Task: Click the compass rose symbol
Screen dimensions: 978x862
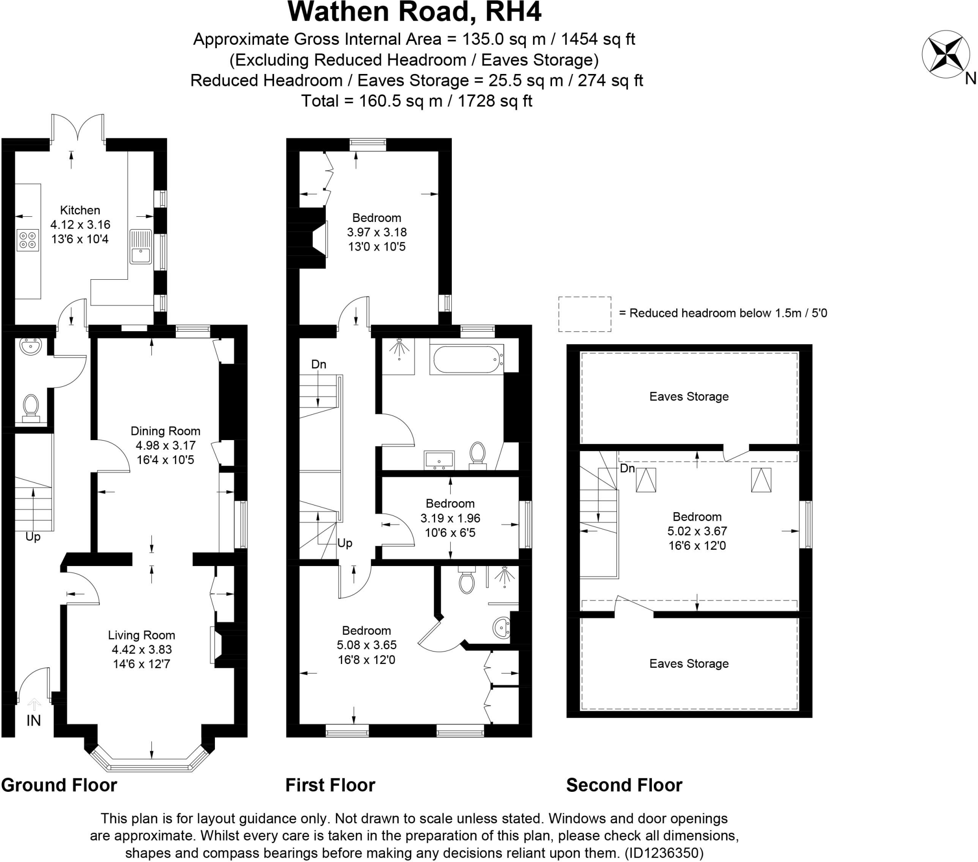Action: point(942,54)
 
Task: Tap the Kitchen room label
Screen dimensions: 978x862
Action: point(80,210)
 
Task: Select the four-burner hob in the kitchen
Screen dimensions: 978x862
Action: point(28,240)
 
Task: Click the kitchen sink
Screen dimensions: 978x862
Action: point(141,246)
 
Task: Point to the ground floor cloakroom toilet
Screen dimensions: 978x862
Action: point(31,408)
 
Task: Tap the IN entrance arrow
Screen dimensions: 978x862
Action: point(34,704)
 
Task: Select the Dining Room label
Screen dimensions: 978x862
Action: point(165,431)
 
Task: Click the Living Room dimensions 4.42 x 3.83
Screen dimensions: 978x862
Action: point(142,649)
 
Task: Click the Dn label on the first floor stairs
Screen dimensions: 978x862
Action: point(319,365)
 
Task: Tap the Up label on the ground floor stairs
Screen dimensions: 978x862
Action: point(33,536)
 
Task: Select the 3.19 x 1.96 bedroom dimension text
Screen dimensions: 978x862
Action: point(450,518)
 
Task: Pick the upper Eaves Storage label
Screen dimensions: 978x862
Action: point(689,397)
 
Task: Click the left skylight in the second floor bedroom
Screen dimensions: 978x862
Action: point(646,480)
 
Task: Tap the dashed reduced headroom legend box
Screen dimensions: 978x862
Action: point(584,314)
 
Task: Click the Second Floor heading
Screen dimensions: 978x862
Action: point(624,785)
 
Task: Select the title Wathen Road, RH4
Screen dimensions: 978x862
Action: point(415,12)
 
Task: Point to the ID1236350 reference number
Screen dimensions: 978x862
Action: point(665,853)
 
